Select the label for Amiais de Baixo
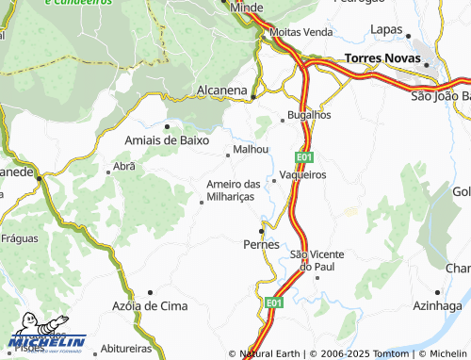167,139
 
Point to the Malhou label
251,149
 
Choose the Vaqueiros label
303,175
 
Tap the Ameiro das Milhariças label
233,189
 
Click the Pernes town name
262,244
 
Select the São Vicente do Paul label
317,261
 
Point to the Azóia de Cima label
150,307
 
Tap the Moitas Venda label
301,31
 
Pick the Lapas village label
387,30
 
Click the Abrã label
124,166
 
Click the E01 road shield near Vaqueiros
303,156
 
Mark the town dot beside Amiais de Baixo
167,125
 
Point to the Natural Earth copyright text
273,354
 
